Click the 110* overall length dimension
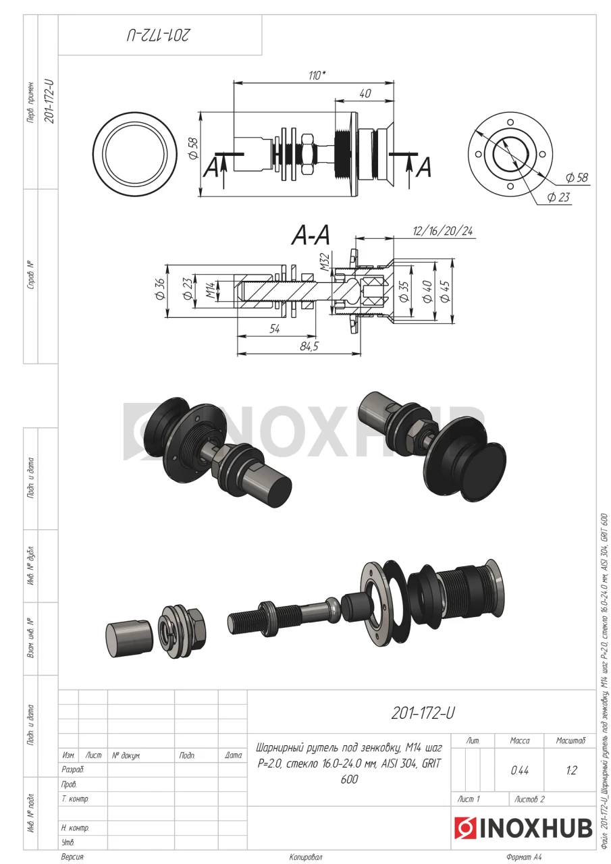(316, 76)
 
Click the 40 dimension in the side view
(365, 93)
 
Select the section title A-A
(311, 236)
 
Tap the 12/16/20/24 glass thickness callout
(442, 231)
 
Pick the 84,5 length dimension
(309, 346)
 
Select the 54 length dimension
(275, 329)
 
